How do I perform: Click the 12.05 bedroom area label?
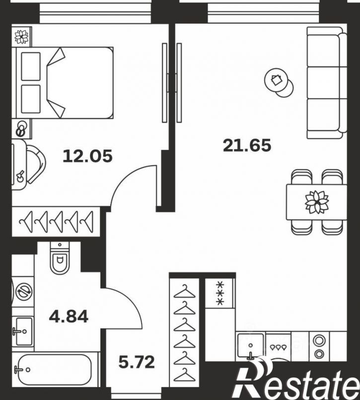[87, 156]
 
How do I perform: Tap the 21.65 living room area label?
[247, 146]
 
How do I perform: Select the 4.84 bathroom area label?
[69, 317]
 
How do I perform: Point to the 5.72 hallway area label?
[137, 362]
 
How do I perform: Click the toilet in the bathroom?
[60, 258]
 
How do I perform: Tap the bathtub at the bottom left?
[55, 369]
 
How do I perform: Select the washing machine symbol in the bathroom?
[24, 291]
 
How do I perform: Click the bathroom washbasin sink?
[23, 331]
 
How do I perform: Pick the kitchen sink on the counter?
[250, 345]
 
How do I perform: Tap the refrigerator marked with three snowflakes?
[220, 293]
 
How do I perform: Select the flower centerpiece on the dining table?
[317, 202]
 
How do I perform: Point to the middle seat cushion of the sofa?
[323, 83]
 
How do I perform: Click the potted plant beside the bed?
[21, 37]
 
